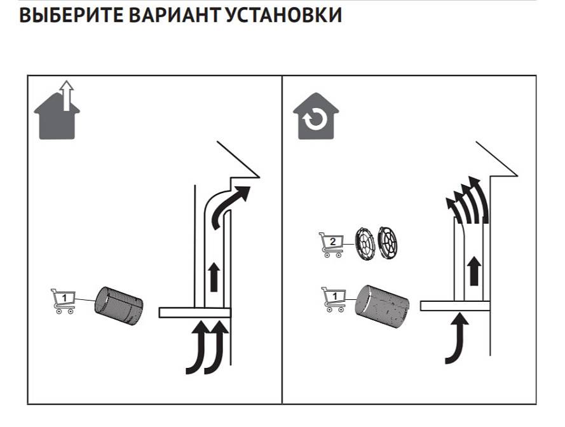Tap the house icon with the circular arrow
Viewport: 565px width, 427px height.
point(315,118)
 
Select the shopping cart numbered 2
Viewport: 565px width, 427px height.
point(330,244)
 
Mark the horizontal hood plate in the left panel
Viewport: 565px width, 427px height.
point(194,312)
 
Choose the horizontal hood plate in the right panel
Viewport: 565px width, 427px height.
point(455,306)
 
